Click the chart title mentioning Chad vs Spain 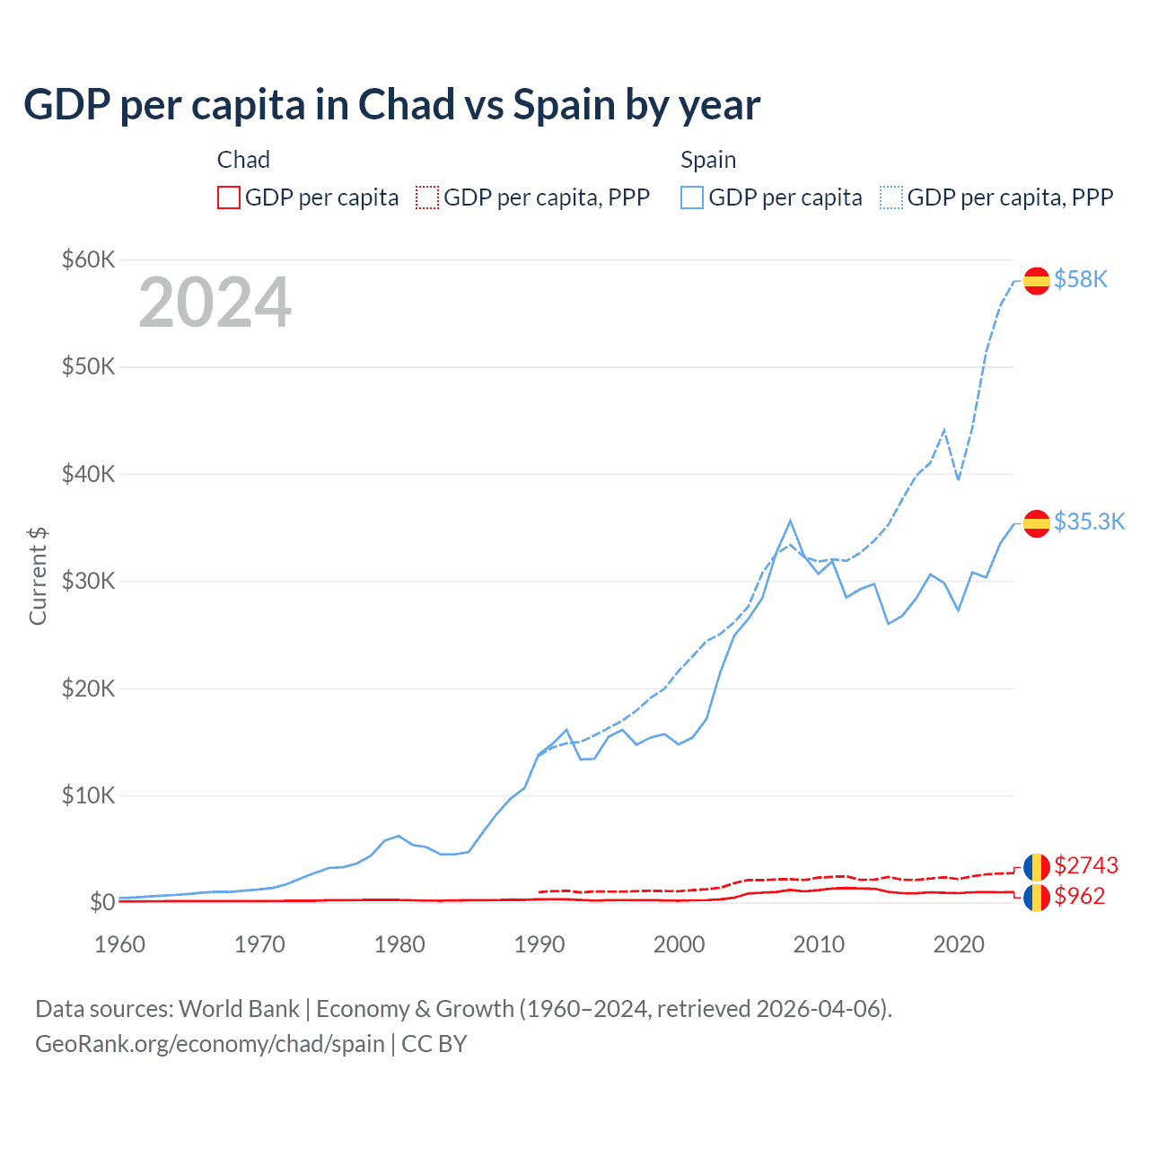point(391,105)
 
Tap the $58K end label point(1081,280)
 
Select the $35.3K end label point(1089,522)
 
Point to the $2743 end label point(1086,865)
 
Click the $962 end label point(1080,896)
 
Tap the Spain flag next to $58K point(1037,281)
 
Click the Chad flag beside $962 point(1037,897)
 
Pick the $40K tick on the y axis point(88,474)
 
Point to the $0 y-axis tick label point(102,902)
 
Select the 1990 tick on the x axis point(539,944)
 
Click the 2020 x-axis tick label point(959,944)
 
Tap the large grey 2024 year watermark point(215,303)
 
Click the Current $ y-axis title point(38,576)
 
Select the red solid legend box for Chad point(229,197)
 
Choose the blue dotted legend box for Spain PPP point(891,197)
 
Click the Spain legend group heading point(708,160)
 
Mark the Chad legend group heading point(243,160)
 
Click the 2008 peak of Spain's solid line point(790,521)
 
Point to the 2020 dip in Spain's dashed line point(958,479)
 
